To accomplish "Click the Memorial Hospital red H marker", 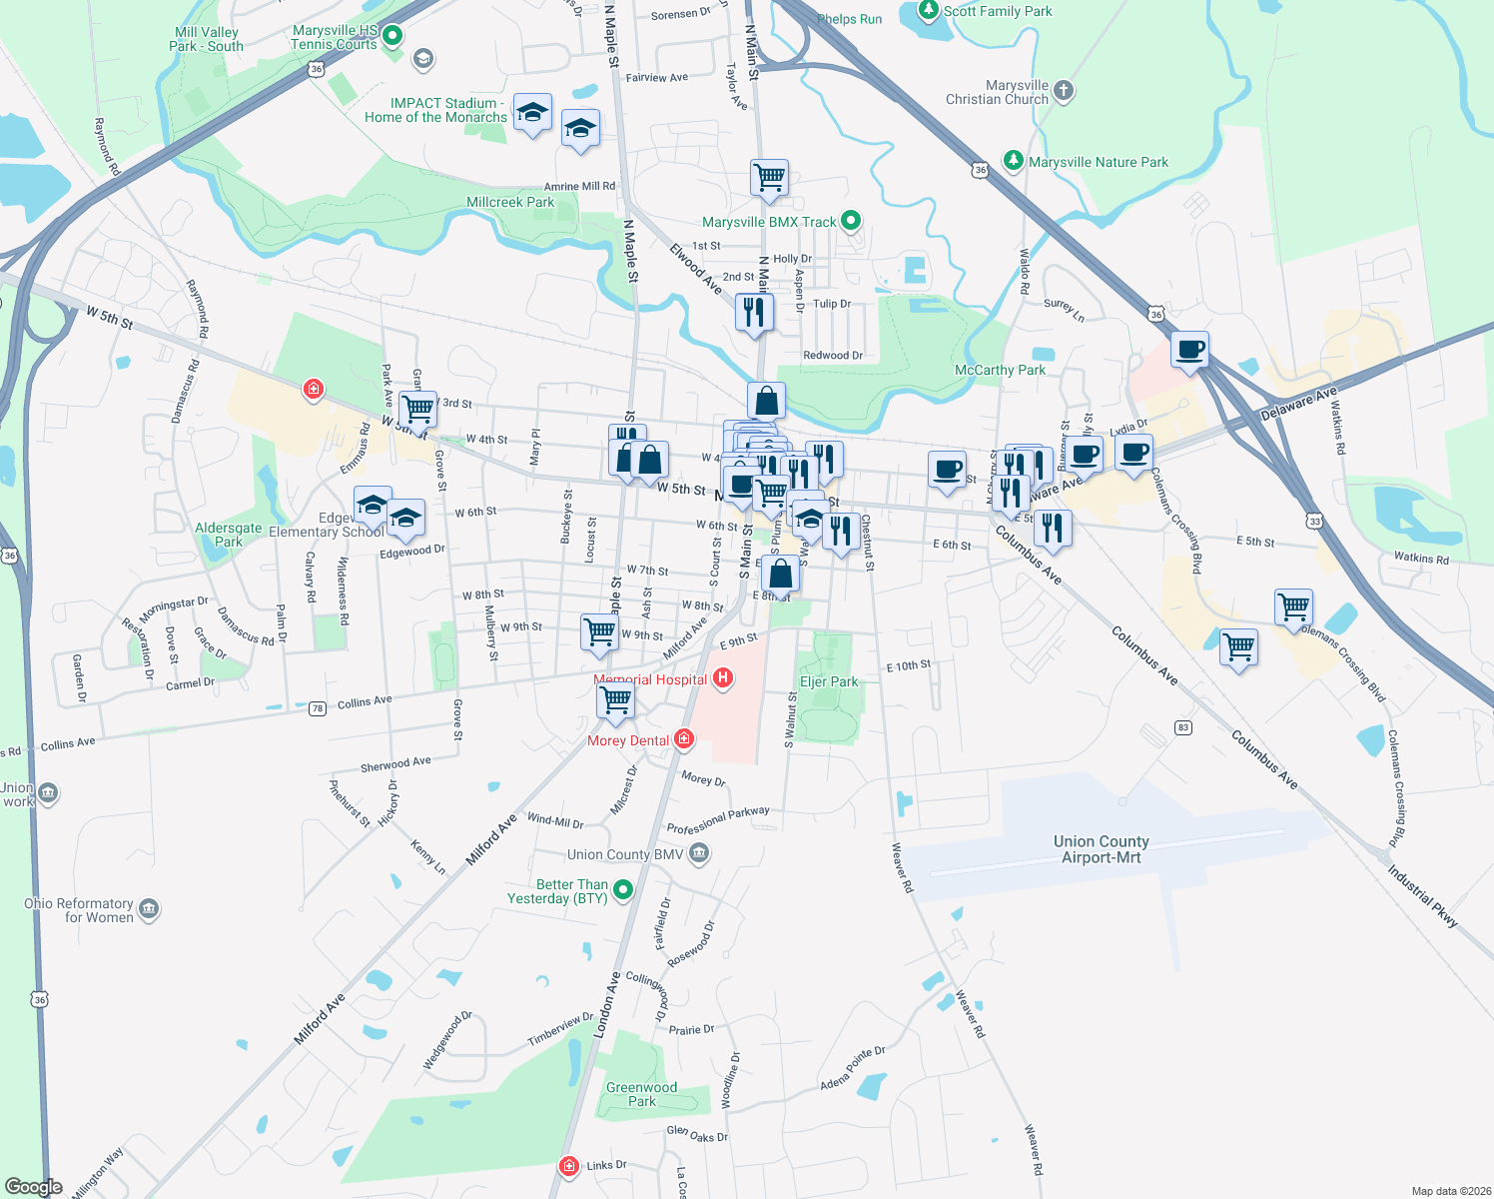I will pos(723,678).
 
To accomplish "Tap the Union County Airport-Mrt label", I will pos(1101,849).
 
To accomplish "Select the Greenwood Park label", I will pos(641,1094).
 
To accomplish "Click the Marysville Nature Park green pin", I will pos(1014,161).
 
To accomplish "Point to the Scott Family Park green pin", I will pos(929,11).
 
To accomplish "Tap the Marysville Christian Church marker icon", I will pos(1064,91).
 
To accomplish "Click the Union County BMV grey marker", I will pos(699,853).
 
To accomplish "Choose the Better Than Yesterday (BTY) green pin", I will pos(623,889).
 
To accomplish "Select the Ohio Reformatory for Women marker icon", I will pos(149,908).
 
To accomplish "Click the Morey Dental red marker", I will pos(684,739).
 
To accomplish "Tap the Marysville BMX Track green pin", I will pos(851,221).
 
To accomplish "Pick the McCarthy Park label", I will pos(1000,370).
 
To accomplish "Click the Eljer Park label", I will pos(829,681).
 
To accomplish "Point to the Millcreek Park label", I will pos(510,202).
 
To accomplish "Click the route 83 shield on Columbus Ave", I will pos(1183,727).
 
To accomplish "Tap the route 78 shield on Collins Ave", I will pos(318,708).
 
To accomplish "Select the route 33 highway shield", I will pos(1314,521).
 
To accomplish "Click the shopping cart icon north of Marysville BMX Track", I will pos(769,178).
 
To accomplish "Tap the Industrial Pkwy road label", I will pos(1422,896).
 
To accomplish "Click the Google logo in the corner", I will pos(34,1186).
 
